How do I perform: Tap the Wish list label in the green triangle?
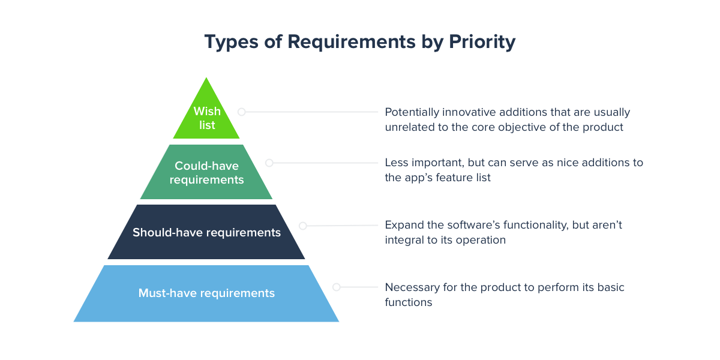click(x=206, y=118)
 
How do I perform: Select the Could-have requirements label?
click(x=206, y=173)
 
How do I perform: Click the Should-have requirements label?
click(x=206, y=232)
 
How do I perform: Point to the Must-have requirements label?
click(x=206, y=293)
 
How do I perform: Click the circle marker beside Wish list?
click(x=241, y=112)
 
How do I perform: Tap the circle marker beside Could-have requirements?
click(x=269, y=163)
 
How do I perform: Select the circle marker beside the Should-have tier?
click(x=302, y=226)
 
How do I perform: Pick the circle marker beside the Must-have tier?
click(x=336, y=287)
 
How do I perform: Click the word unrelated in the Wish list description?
click(x=409, y=127)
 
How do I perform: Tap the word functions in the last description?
click(x=408, y=302)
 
